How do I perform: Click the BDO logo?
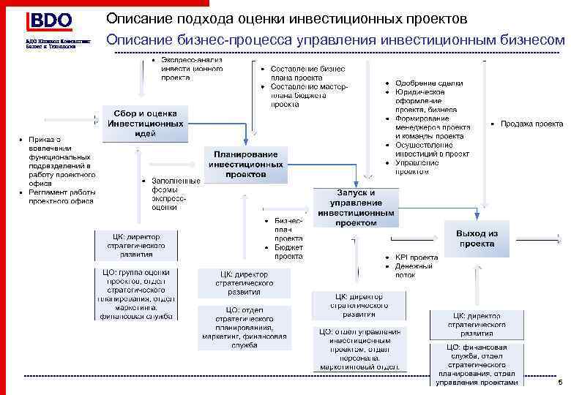pyautogui.click(x=49, y=21)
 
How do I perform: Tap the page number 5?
pyautogui.click(x=559, y=383)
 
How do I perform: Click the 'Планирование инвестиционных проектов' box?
pyautogui.click(x=245, y=165)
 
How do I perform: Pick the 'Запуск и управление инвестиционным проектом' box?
pyautogui.click(x=357, y=207)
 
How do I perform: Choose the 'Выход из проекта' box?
pyautogui.click(x=477, y=238)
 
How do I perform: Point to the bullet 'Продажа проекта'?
pyautogui.click(x=531, y=124)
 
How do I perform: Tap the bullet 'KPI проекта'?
pyautogui.click(x=416, y=257)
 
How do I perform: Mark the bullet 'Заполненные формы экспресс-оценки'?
pyautogui.click(x=175, y=193)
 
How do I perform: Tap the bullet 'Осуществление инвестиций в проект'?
pyautogui.click(x=432, y=149)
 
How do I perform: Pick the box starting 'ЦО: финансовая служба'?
pyautogui.click(x=477, y=362)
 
